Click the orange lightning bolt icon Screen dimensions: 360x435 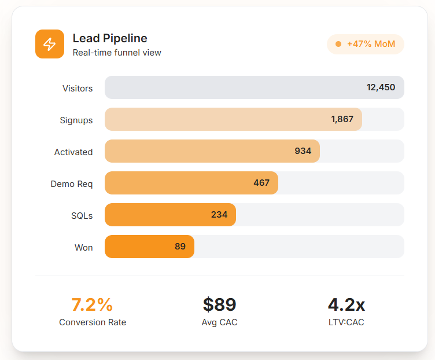[x=50, y=44]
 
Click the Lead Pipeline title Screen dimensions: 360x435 [x=110, y=38]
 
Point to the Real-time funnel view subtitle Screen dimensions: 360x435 [x=117, y=53]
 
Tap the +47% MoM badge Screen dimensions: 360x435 [x=366, y=44]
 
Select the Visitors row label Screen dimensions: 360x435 [x=78, y=89]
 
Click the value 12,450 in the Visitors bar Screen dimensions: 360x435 [x=381, y=87]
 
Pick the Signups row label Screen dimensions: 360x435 [x=76, y=120]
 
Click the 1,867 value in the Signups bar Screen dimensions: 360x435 [x=342, y=119]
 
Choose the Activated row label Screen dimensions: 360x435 [x=73, y=152]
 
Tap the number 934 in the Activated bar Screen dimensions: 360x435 [x=303, y=151]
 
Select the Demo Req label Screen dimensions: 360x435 [x=71, y=184]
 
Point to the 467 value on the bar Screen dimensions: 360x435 [x=261, y=183]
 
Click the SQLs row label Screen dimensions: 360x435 [x=82, y=216]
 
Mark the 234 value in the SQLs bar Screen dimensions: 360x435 [x=219, y=215]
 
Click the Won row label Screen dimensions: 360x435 [x=83, y=248]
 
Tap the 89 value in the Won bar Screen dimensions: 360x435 [x=180, y=247]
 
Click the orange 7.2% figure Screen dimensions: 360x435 [x=92, y=304]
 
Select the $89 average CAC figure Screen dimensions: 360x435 [x=219, y=304]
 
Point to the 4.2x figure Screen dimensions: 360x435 [x=346, y=304]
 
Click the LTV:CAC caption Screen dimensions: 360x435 [x=346, y=322]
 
